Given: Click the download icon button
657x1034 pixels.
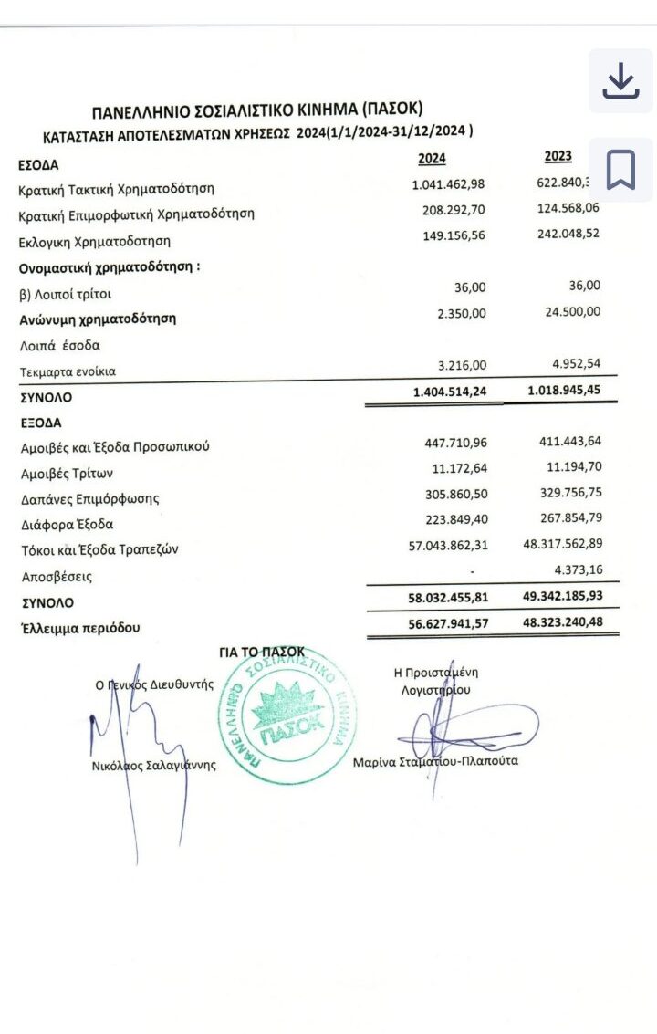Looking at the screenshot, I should pyautogui.click(x=620, y=82).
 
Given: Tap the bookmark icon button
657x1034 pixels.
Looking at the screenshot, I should pyautogui.click(x=620, y=169).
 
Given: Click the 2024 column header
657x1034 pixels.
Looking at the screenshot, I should pyautogui.click(x=432, y=159).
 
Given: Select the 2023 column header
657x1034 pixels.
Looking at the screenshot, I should pyautogui.click(x=558, y=156).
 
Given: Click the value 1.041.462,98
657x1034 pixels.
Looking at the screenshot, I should pyautogui.click(x=449, y=184).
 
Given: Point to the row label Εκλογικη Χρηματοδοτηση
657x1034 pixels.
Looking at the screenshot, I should pyautogui.click(x=95, y=242).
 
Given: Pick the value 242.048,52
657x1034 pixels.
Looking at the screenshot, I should pyautogui.click(x=568, y=233).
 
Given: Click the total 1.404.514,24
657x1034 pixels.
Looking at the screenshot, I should pyautogui.click(x=450, y=392).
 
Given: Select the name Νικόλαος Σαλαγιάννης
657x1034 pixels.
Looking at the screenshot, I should pyautogui.click(x=154, y=766).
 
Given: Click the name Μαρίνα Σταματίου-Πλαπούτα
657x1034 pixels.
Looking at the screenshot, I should pyautogui.click(x=434, y=760).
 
